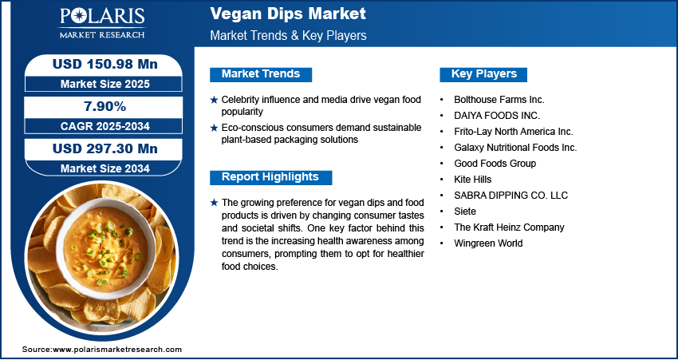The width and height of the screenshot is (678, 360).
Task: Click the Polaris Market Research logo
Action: point(102,23)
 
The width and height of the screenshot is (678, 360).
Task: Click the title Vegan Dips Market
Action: point(288,14)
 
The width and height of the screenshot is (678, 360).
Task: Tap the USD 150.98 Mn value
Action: point(105,64)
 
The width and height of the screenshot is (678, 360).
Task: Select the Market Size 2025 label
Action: point(105,84)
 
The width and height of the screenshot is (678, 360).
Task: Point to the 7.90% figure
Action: point(105,106)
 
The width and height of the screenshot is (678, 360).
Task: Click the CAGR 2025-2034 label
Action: point(105,126)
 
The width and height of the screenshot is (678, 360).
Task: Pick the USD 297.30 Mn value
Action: point(105,148)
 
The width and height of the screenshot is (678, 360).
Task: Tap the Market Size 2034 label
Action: point(105,168)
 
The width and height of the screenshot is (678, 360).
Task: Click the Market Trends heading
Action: point(261,74)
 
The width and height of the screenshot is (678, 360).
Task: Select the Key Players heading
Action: point(484,74)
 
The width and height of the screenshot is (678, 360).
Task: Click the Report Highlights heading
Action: point(270,177)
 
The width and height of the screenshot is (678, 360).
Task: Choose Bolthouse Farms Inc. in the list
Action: point(499,100)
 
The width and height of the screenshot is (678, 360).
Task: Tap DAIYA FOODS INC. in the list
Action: point(497,116)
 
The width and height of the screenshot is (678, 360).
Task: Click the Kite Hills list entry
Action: point(473,179)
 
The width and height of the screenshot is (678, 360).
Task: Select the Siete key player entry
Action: point(465,212)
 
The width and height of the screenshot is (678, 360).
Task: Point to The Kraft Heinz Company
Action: point(509,227)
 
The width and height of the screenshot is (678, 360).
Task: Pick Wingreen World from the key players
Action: point(488,243)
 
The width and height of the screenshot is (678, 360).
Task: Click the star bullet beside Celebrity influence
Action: point(214,100)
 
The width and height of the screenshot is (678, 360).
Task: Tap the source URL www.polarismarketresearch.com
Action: point(117,350)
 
